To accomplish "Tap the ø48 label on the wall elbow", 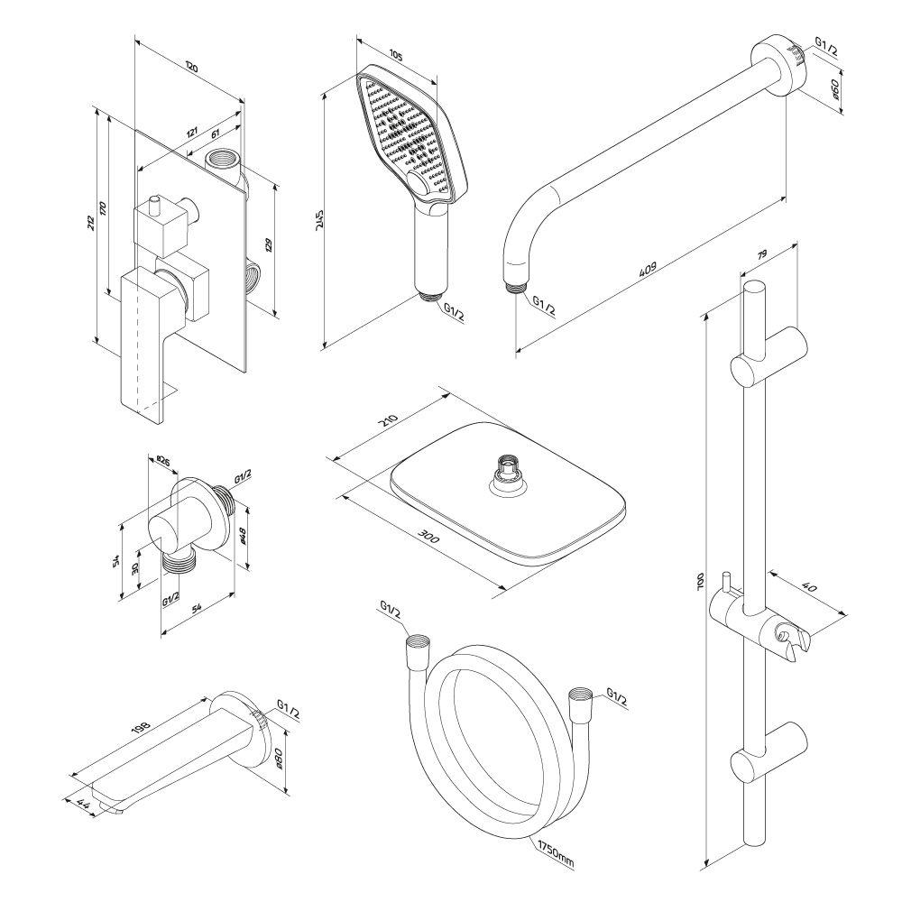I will (x=245, y=537).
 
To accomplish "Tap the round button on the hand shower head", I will (x=419, y=185).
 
